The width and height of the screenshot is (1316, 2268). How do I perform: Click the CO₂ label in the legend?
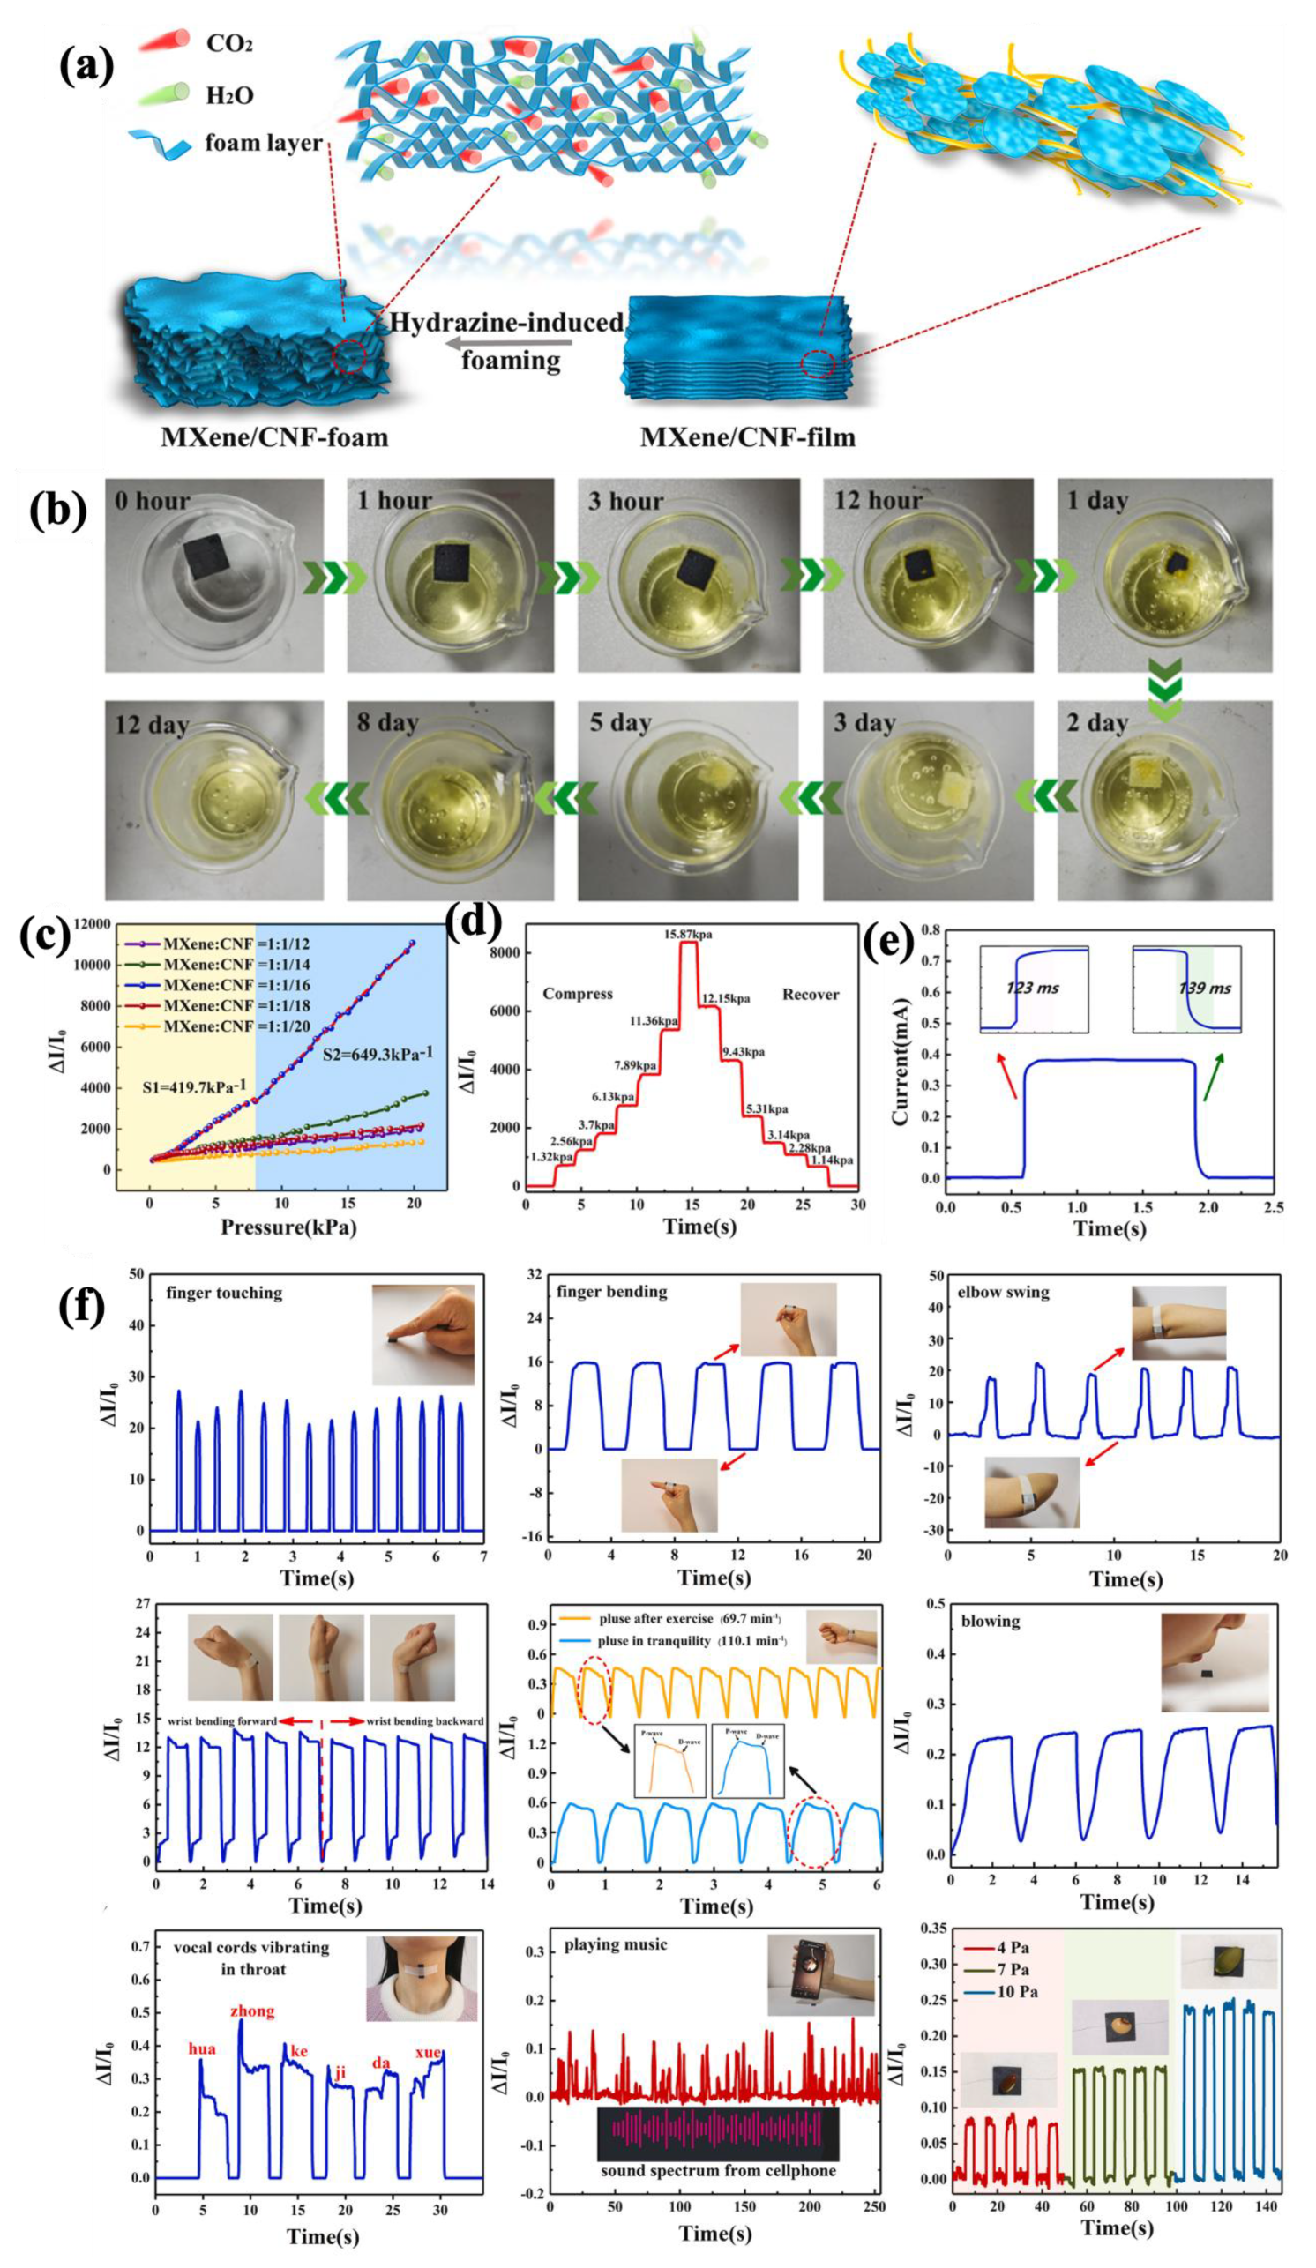pyautogui.click(x=228, y=42)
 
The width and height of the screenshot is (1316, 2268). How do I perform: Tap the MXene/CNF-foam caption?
pyautogui.click(x=273, y=437)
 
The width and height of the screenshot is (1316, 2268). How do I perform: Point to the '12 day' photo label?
pyautogui.click(x=151, y=726)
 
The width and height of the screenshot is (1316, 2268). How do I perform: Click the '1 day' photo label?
pyautogui.click(x=1097, y=500)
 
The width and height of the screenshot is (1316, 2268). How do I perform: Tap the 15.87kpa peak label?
pyautogui.click(x=689, y=934)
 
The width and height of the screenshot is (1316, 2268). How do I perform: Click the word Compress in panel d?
pyautogui.click(x=578, y=994)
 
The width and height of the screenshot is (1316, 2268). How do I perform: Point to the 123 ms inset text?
pyautogui.click(x=1032, y=988)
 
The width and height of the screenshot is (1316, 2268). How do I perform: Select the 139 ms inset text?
pyautogui.click(x=1204, y=988)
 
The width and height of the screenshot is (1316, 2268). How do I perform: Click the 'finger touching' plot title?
pyautogui.click(x=223, y=1294)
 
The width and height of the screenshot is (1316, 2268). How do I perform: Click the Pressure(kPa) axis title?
pyautogui.click(x=288, y=1227)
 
